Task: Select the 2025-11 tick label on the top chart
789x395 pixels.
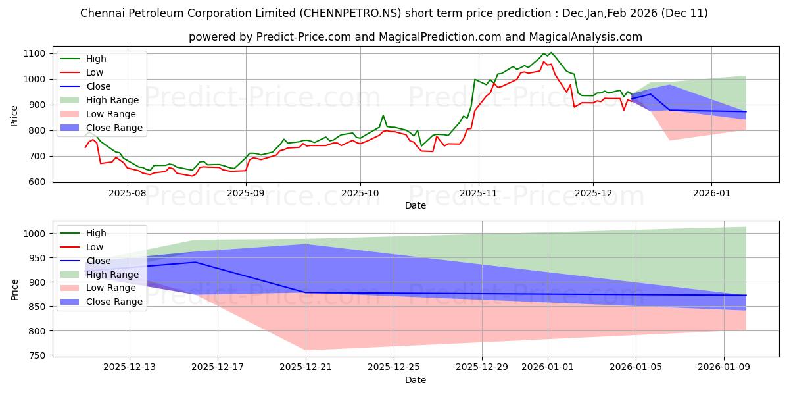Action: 479,193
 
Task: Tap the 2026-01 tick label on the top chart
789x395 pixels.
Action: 711,193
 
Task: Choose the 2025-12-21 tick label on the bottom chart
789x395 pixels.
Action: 306,367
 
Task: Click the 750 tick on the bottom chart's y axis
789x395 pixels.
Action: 37,355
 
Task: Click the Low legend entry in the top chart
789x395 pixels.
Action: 94,72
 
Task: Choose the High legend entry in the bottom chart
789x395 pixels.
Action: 95,233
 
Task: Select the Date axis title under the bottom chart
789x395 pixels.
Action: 415,380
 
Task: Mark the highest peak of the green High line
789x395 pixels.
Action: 551,52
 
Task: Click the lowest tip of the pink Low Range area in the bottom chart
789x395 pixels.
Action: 306,350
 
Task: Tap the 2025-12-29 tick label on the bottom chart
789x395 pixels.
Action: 482,367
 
